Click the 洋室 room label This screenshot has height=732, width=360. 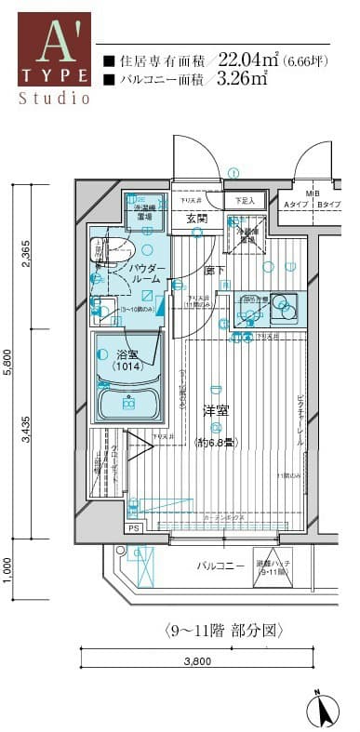(216, 410)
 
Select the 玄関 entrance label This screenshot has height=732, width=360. (196, 219)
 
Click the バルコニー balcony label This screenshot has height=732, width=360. (220, 565)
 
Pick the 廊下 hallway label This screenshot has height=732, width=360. (211, 270)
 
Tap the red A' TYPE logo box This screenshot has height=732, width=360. (55, 48)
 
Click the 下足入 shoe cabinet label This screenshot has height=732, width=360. (244, 201)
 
